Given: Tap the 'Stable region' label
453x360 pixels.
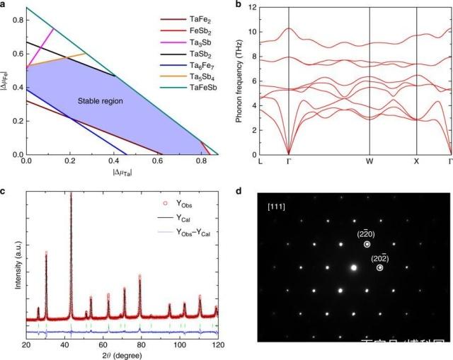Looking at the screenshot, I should tap(100, 102).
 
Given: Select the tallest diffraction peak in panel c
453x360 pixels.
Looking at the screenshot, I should tap(71, 194).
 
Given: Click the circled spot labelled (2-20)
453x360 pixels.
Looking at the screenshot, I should tap(367, 244).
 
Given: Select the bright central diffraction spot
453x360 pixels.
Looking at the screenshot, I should tap(352, 267).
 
